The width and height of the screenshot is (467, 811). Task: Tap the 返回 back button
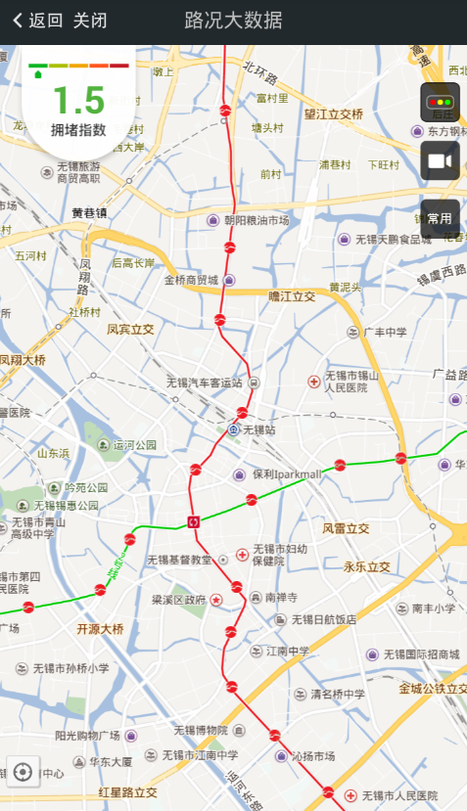pyautogui.click(x=38, y=21)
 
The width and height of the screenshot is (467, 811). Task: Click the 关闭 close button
pyautogui.click(x=90, y=21)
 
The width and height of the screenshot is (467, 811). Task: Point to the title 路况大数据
pyautogui.click(x=234, y=21)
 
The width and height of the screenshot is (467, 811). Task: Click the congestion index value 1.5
pyautogui.click(x=77, y=100)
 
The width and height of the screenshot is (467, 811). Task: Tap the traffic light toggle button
pyautogui.click(x=441, y=103)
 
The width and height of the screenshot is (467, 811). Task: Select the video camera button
pyautogui.click(x=441, y=160)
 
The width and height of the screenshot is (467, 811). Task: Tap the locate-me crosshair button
pyautogui.click(x=23, y=773)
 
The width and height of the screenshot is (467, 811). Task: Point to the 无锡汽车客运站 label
pyautogui.click(x=204, y=382)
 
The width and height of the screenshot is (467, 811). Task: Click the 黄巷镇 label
pyautogui.click(x=89, y=213)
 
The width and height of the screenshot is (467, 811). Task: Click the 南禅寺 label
pyautogui.click(x=281, y=597)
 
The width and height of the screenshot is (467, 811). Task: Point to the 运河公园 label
pyautogui.click(x=135, y=445)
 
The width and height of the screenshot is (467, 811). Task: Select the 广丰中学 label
pyautogui.click(x=385, y=333)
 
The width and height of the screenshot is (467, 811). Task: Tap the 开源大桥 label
pyautogui.click(x=101, y=629)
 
